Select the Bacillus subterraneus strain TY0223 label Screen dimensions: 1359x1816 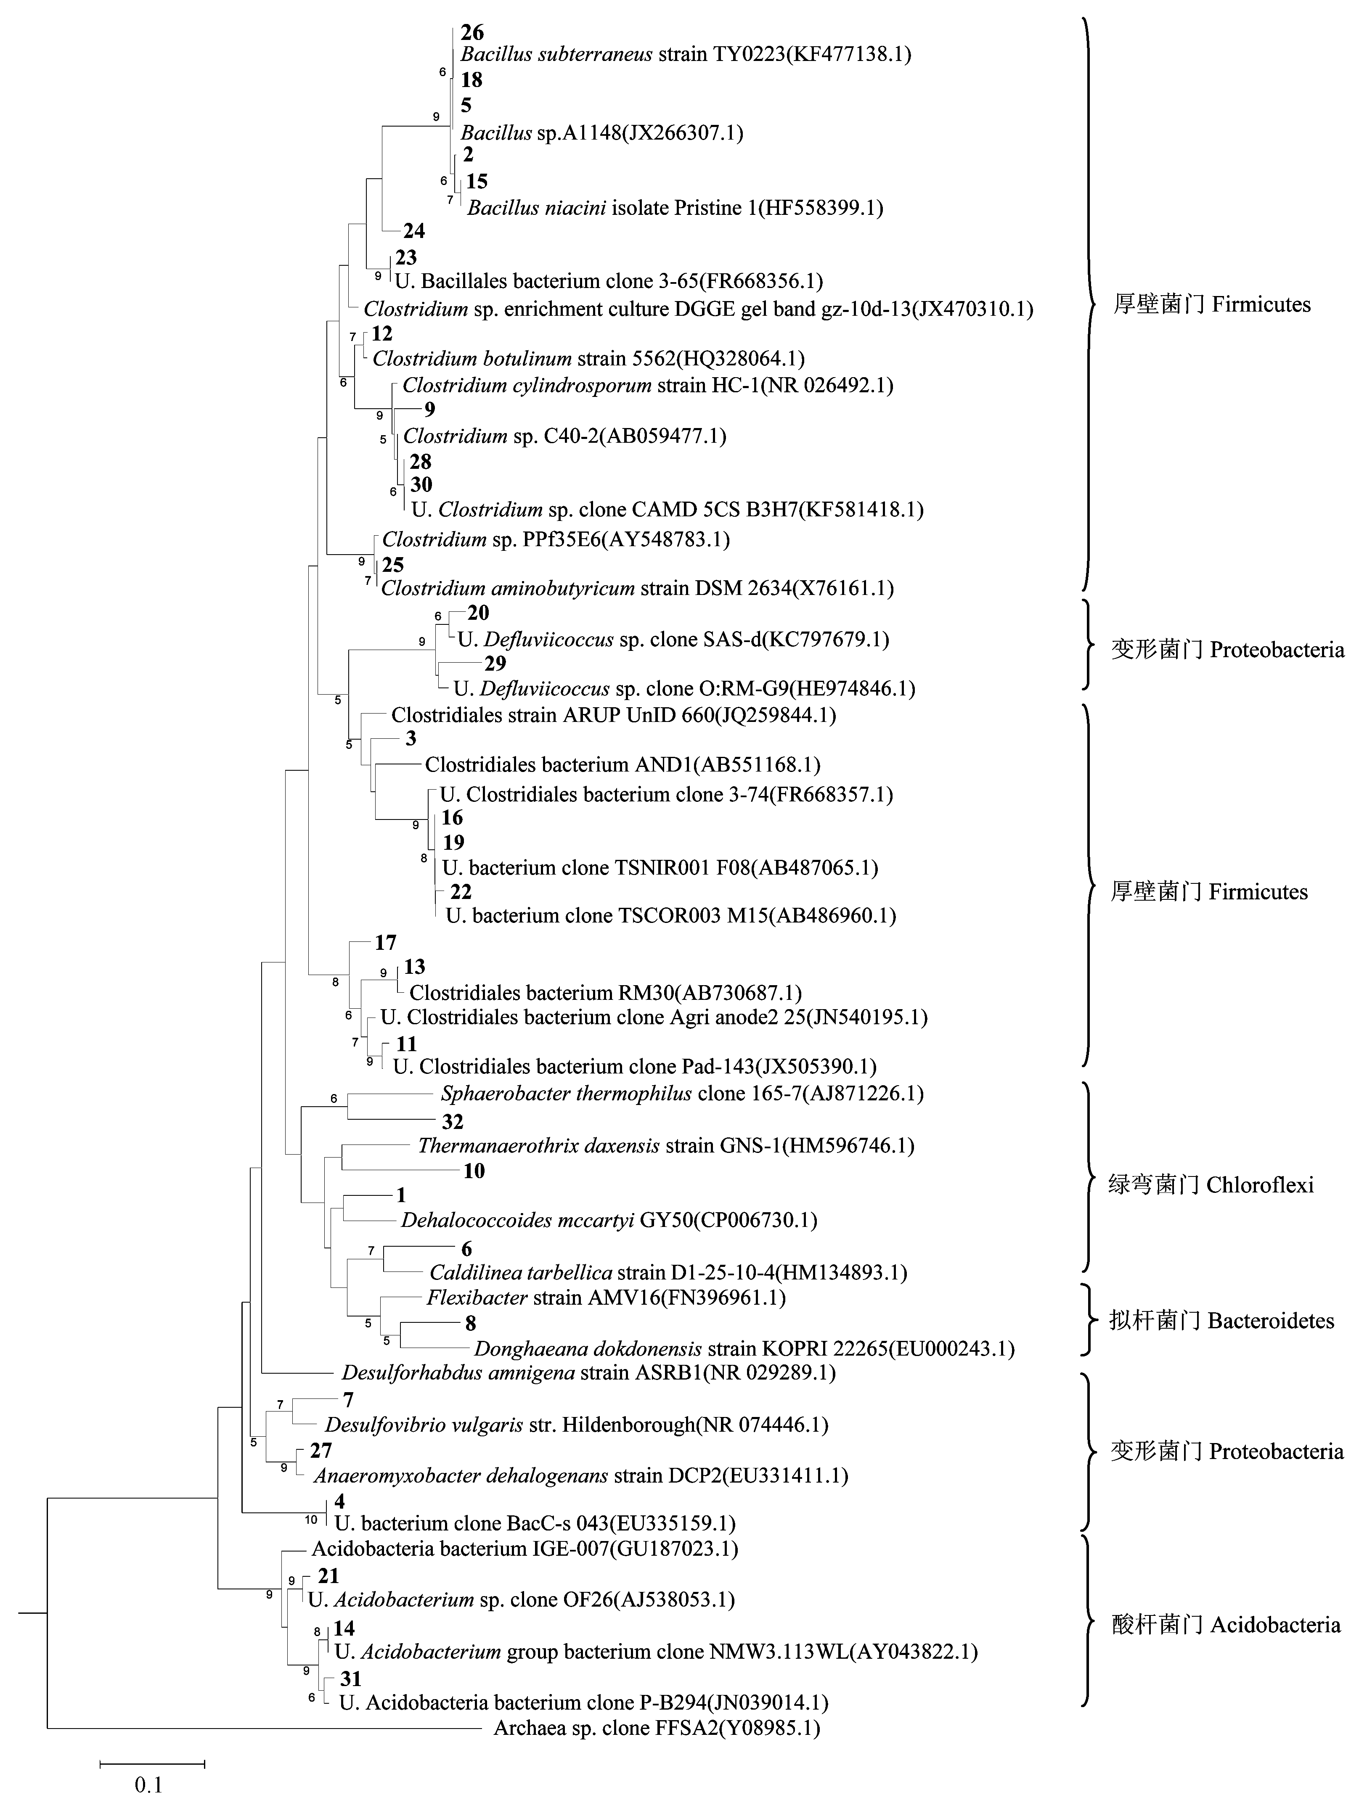[686, 54]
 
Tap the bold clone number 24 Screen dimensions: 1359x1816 [414, 231]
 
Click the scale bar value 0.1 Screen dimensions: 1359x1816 [148, 1785]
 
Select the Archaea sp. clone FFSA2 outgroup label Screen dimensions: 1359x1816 [657, 1728]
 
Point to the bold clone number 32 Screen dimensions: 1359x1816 [453, 1121]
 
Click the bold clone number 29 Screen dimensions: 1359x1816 [495, 663]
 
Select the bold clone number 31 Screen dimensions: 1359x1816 [351, 1679]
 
